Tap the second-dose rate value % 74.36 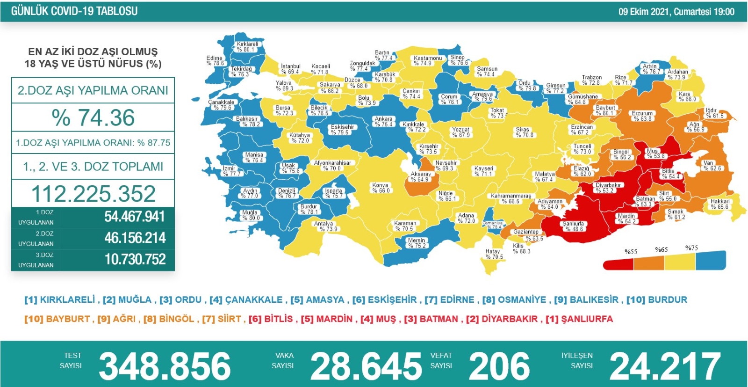[x=93, y=117]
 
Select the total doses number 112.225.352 [x=93, y=194]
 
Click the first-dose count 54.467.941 [x=135, y=217]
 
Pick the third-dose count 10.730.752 [x=135, y=259]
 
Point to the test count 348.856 [x=165, y=366]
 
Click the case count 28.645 [x=366, y=366]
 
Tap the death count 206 [x=499, y=366]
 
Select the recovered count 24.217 [x=665, y=366]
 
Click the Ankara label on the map [x=383, y=122]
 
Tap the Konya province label [x=381, y=188]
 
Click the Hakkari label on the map [x=719, y=204]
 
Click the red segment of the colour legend [x=618, y=265]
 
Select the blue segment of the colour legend [x=711, y=261]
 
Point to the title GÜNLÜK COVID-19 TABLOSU [x=74, y=11]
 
